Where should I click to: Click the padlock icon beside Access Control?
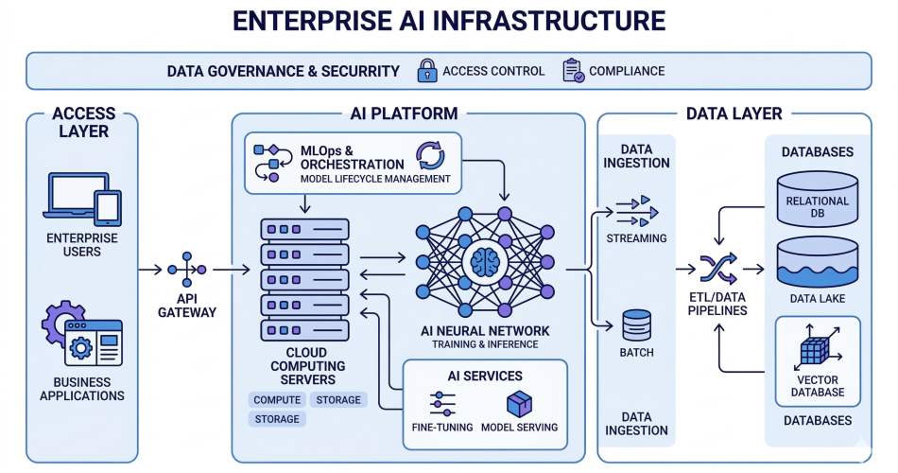pos(427,71)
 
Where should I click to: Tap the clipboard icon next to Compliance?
pos(572,71)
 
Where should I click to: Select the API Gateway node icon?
pos(187,270)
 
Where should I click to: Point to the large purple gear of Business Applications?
pos(63,326)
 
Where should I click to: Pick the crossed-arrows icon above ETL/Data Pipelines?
pos(717,270)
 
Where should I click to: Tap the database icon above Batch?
pos(636,325)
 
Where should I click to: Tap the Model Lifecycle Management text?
pos(375,179)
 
